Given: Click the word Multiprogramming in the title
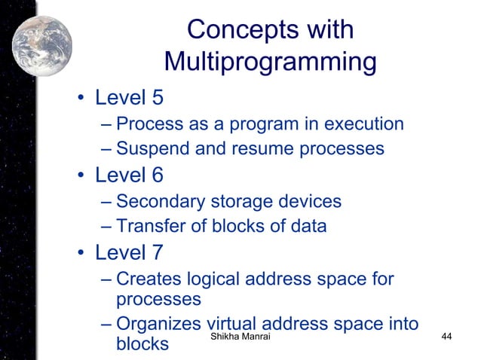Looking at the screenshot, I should [x=270, y=61].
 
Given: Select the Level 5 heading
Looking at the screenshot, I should [x=129, y=98].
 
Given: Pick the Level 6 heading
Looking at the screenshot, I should [x=129, y=175].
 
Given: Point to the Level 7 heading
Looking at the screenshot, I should [x=129, y=252].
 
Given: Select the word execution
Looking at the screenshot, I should [x=358, y=124].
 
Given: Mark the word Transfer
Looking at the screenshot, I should [x=151, y=226].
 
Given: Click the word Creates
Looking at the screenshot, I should [x=151, y=279].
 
